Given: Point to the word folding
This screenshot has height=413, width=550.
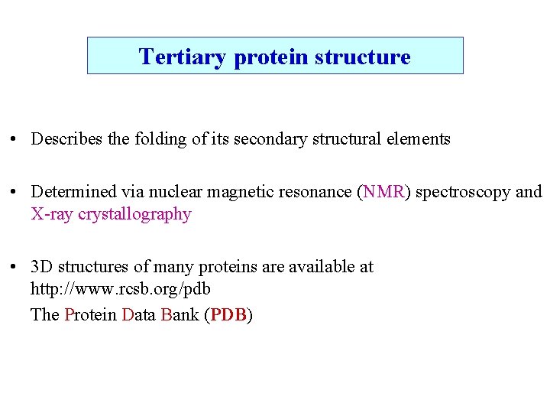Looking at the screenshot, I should coord(153,139).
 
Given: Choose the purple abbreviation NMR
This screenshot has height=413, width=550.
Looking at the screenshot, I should coord(384,192).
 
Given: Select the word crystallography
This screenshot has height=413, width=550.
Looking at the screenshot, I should coord(134,215).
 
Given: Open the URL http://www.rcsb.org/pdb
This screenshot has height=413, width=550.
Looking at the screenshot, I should coord(120,290).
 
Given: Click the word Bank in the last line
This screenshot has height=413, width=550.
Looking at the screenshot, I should coord(180,314).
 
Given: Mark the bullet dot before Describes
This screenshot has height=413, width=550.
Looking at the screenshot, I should coord(15,140).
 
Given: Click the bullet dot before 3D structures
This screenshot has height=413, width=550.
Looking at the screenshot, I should coord(15,268).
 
